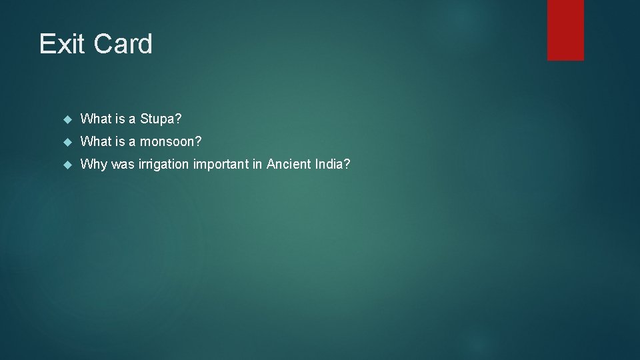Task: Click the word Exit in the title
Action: coord(62,44)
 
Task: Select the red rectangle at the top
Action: coord(565,30)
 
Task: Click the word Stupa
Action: coord(161,119)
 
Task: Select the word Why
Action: coord(93,165)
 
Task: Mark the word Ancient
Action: coord(288,165)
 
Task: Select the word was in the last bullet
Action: coord(123,165)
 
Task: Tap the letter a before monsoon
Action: coord(132,142)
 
